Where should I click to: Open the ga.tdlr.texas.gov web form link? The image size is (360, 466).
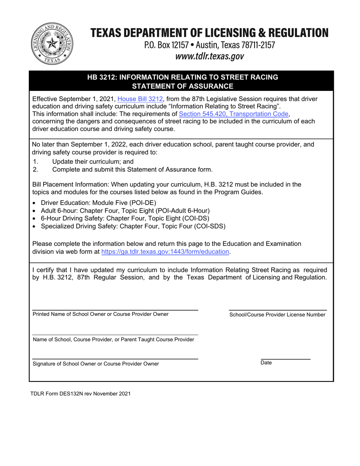[x=166, y=251]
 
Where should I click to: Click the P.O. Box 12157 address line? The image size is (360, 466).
[x=209, y=45]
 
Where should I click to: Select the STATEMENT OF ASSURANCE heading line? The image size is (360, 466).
[x=182, y=86]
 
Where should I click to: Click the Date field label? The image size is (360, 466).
[x=266, y=363]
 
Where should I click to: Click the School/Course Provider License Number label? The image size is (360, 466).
[x=277, y=315]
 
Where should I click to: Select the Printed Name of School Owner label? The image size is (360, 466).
[x=101, y=314]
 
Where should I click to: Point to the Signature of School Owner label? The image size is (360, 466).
[x=96, y=364]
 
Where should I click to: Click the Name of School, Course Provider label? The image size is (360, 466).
[x=113, y=339]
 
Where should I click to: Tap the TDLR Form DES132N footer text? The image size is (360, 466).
[x=80, y=394]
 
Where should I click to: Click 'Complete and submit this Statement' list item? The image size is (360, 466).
[x=132, y=169]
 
